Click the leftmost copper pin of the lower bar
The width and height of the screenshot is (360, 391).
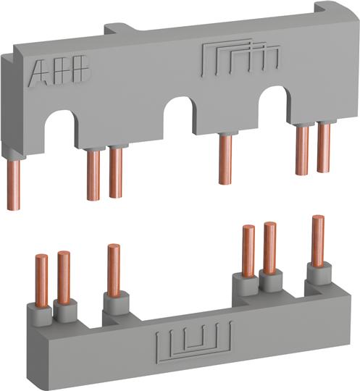point(43,279)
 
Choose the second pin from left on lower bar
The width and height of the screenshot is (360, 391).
point(64,276)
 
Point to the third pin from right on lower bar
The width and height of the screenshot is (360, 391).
point(248,251)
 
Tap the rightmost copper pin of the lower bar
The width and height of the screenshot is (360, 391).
point(317,240)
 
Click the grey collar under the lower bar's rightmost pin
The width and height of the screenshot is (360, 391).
point(317,272)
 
